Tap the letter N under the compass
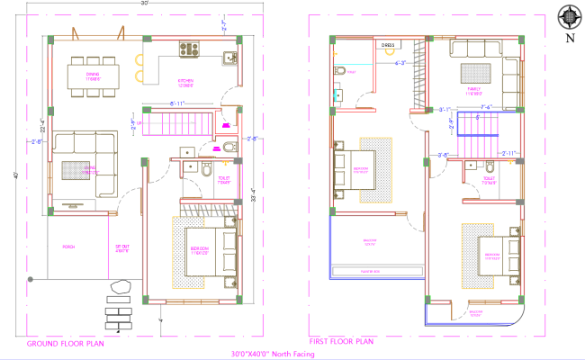click(x=568, y=39)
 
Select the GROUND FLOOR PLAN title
click(x=64, y=344)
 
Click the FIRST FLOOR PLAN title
click(x=342, y=342)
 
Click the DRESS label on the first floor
click(x=388, y=44)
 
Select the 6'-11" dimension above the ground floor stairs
click(x=179, y=104)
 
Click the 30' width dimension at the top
click(x=144, y=4)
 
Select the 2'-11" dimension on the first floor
click(x=509, y=154)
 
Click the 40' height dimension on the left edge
click(x=15, y=175)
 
